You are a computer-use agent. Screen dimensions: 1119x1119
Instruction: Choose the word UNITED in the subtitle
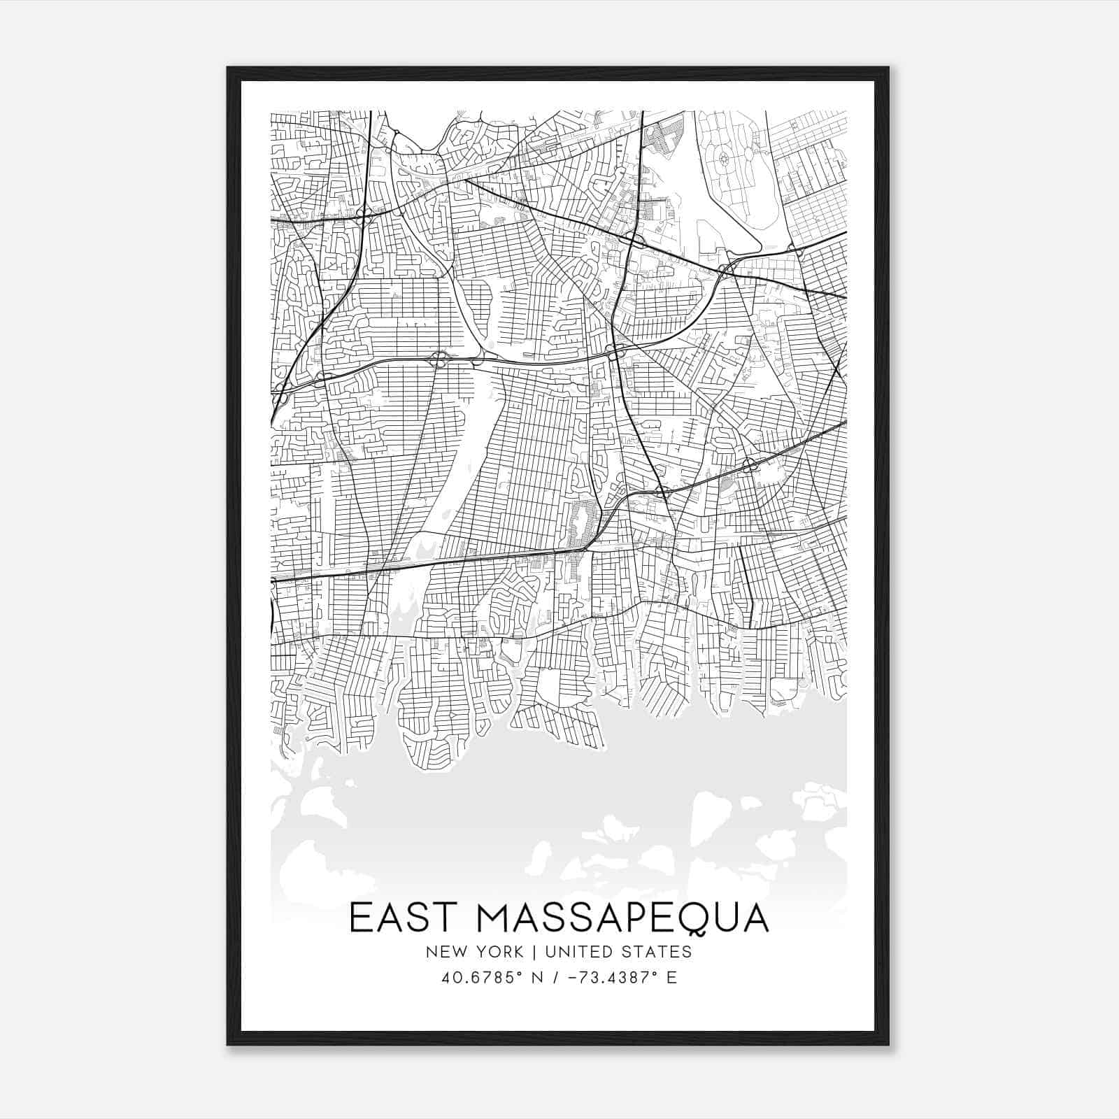click(577, 952)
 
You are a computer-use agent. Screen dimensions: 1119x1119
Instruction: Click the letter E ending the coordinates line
click(671, 978)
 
